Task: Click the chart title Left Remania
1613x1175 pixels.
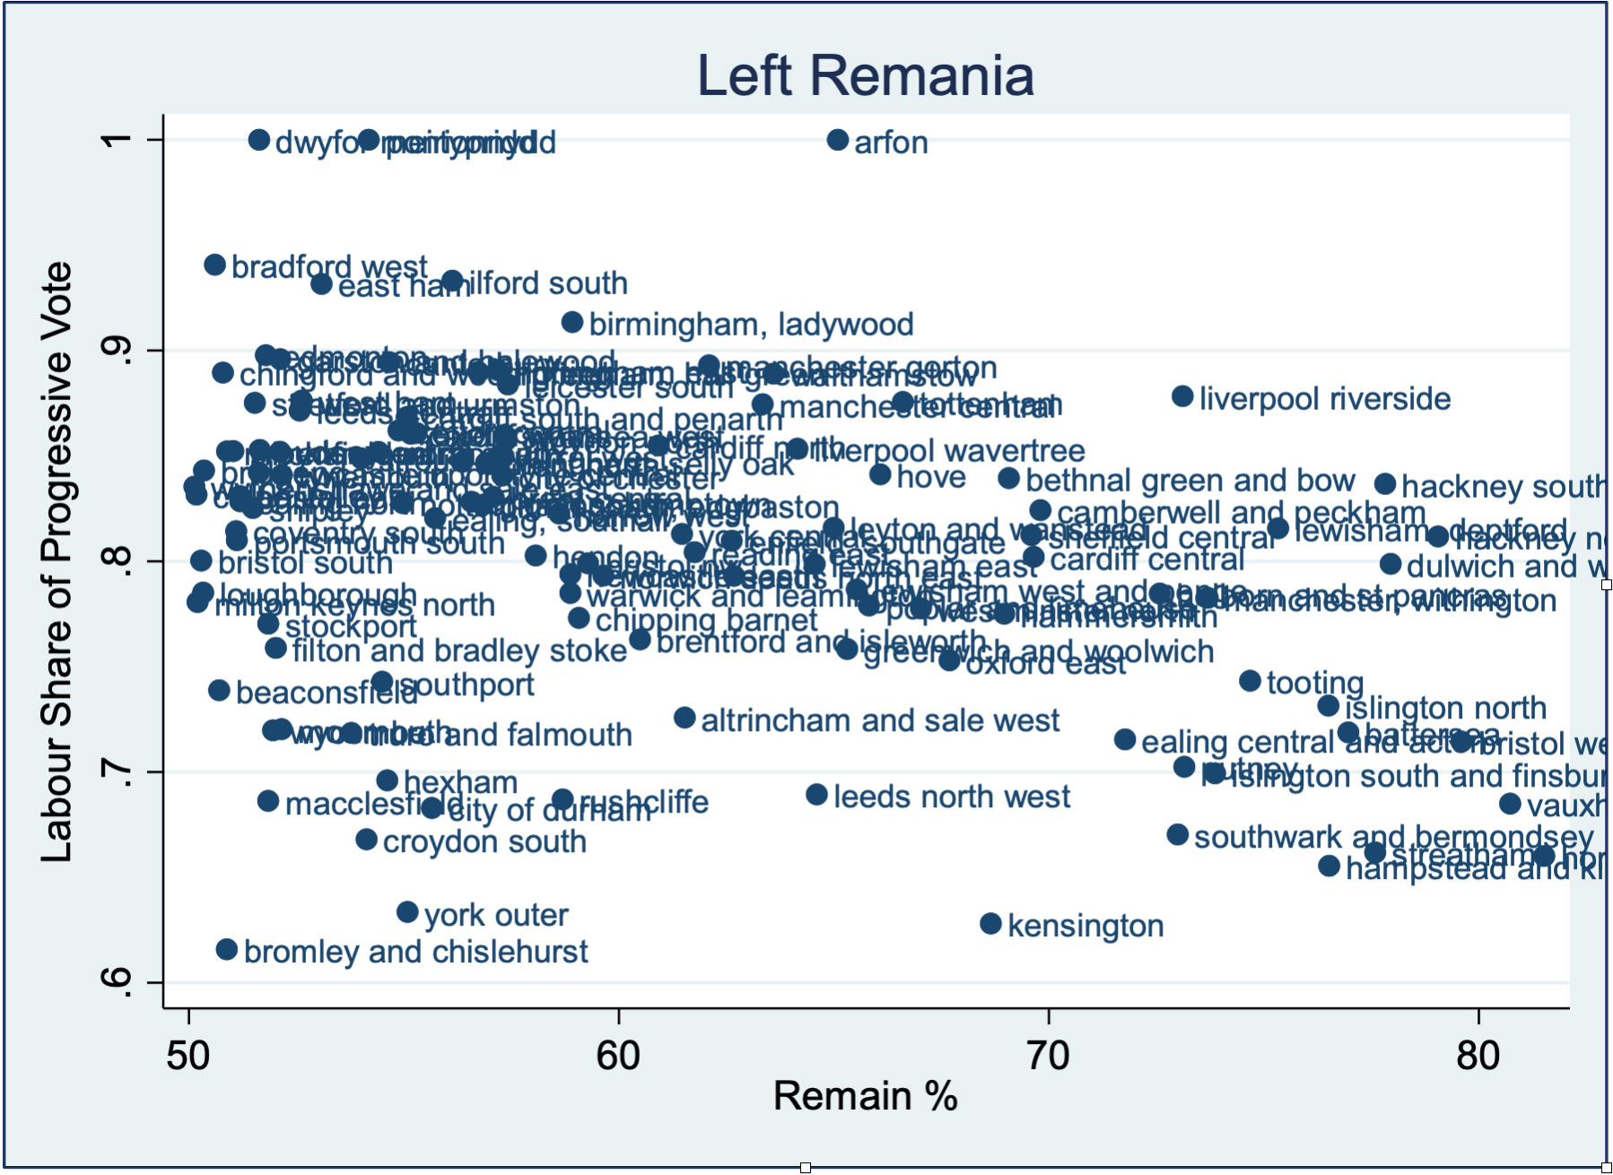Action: coord(866,75)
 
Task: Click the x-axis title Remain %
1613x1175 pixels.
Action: coord(865,1096)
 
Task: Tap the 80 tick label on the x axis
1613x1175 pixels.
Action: coord(1478,1055)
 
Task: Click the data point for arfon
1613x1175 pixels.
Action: coord(838,140)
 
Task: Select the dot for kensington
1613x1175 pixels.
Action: coord(990,924)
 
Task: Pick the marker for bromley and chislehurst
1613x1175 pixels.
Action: coord(227,949)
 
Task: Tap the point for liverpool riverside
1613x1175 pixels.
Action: coord(1182,396)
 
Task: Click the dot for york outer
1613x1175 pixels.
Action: coord(407,912)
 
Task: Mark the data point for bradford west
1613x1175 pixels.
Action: coord(214,265)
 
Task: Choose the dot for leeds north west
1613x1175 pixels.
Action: coord(816,795)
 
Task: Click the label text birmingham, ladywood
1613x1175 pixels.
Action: coord(751,324)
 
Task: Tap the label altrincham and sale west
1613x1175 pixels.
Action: coord(879,720)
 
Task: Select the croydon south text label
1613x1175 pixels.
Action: coord(484,841)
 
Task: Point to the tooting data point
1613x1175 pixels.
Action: coord(1250,681)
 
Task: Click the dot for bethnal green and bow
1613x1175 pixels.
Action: coord(1009,478)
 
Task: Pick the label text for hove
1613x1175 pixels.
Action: coord(930,477)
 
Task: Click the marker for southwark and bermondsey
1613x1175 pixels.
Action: coord(1177,835)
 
